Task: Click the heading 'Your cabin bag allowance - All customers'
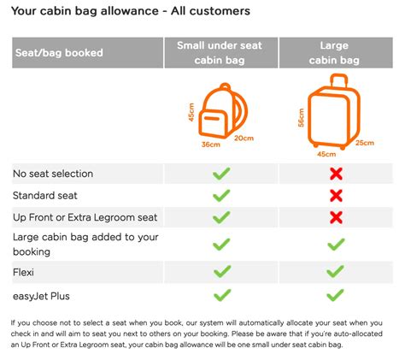(131, 12)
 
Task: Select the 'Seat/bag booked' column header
(58, 53)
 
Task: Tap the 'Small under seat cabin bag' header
(222, 53)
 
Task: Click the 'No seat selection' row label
(53, 174)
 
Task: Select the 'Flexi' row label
(24, 272)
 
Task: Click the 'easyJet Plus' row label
(40, 294)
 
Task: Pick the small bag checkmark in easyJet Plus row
(221, 294)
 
